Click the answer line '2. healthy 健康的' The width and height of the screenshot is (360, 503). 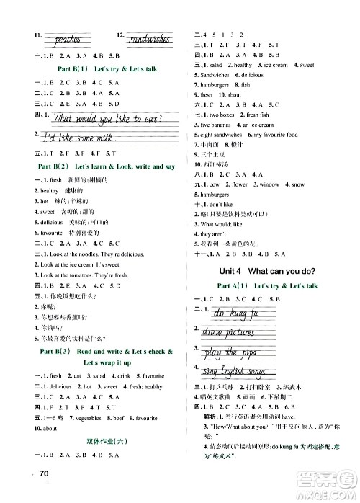[55, 190]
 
